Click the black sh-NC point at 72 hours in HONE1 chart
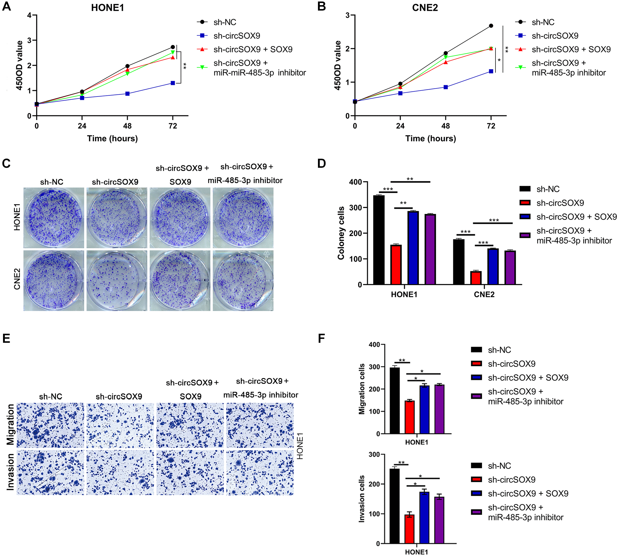[173, 47]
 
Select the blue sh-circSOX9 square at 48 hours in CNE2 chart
[445, 87]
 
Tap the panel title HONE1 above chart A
[107, 8]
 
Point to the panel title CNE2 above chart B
[425, 8]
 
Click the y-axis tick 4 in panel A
[29, 15]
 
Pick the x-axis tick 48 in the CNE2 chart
[445, 126]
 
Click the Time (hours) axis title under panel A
[112, 138]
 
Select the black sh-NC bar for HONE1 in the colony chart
[379, 240]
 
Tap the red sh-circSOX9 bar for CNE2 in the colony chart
[476, 278]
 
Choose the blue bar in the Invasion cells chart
[424, 518]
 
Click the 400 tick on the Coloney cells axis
[355, 182]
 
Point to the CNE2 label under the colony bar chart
[484, 294]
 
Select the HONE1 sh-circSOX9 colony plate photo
[117, 218]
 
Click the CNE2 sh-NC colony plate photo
[54, 281]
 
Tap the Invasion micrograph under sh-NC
[50, 473]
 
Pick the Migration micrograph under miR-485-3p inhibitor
[260, 425]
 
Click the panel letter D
[321, 164]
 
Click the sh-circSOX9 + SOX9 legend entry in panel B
[571, 49]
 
